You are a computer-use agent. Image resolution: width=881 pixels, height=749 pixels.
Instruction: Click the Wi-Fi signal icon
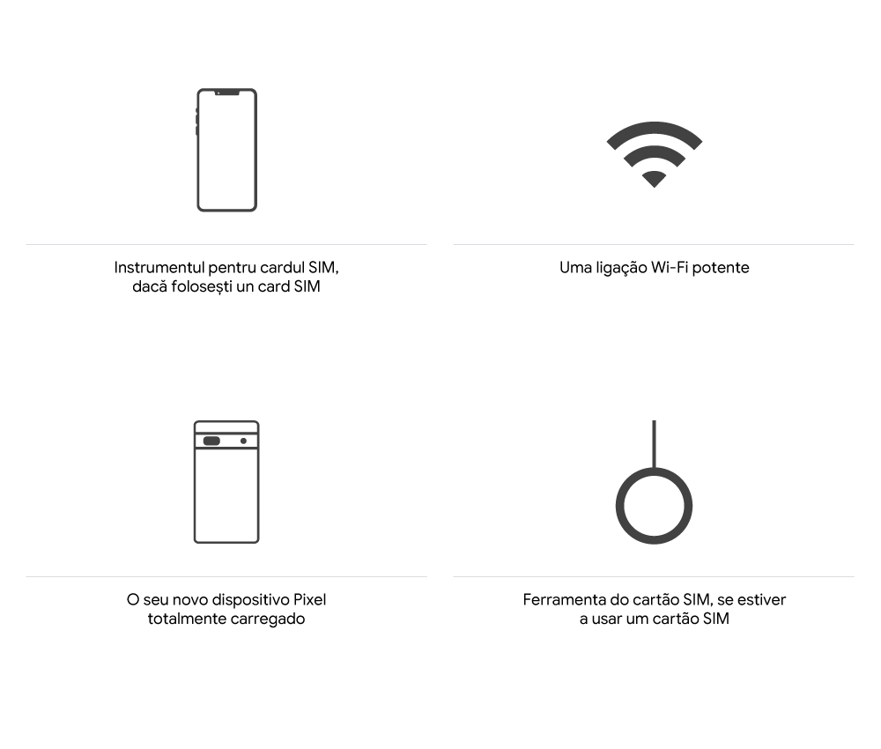[654, 153]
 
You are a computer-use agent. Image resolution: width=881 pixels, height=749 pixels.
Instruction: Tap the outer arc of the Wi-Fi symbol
[654, 128]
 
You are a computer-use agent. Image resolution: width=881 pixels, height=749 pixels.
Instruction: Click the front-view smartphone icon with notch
[226, 150]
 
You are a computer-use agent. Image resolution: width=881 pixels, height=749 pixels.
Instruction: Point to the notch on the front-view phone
[226, 92]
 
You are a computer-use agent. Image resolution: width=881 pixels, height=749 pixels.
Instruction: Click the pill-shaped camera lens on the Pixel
[211, 441]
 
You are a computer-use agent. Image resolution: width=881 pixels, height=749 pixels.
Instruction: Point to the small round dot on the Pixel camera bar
[243, 441]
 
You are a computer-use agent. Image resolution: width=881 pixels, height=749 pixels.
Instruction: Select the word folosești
[204, 287]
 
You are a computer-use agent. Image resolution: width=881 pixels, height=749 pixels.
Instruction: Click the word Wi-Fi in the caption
[670, 267]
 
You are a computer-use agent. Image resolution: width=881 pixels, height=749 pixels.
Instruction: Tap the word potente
[721, 268]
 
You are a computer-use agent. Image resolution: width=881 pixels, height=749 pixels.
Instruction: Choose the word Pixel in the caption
[309, 600]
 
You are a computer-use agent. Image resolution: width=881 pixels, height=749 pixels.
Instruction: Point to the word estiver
[760, 600]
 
